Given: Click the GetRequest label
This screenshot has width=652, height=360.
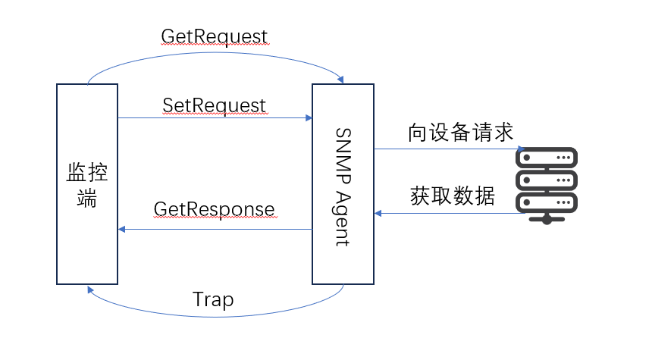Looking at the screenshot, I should point(214,36).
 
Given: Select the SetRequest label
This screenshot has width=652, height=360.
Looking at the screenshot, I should point(214,104).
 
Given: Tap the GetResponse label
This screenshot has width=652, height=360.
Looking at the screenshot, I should point(214,208).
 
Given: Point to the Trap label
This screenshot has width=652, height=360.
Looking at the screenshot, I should point(213,299).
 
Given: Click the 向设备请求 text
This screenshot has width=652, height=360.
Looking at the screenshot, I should point(450,133).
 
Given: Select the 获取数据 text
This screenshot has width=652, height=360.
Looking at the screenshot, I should point(452,196).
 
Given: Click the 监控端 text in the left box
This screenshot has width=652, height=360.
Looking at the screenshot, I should point(86,184).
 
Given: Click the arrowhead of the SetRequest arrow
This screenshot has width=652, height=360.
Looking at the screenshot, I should point(309,117).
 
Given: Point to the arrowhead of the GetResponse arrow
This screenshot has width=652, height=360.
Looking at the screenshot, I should point(121,229).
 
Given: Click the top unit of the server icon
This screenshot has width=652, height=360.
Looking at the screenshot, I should point(547,158).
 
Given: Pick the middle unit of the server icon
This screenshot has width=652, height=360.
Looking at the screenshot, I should point(547,180).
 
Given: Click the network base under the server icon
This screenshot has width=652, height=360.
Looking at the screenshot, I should point(547,220).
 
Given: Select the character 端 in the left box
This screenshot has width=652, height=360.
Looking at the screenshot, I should point(86,201).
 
